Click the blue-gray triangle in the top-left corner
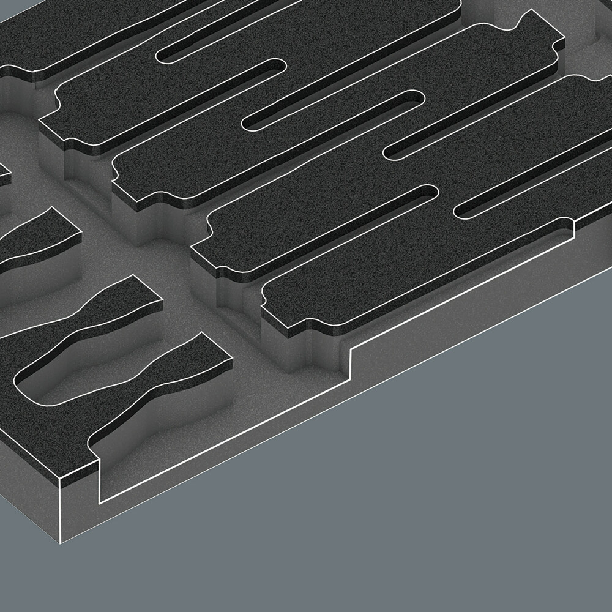pos(9,9)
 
